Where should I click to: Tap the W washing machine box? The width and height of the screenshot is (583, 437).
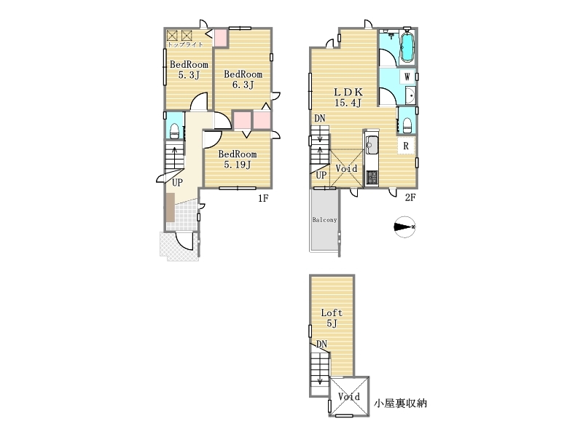407,77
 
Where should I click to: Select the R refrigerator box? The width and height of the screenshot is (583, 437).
406,146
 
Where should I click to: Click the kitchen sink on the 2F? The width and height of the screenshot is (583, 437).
372,146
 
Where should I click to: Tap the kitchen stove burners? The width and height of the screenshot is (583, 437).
372,177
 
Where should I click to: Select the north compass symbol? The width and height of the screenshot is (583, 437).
404,227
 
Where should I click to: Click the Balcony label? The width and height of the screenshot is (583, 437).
324,220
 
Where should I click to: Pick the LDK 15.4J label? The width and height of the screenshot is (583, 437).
348,98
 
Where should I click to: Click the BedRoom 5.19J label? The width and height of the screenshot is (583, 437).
238,159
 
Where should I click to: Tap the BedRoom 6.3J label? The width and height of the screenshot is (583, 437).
243,79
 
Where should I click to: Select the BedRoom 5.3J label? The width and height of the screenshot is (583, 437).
189,70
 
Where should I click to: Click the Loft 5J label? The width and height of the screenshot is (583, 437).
332,318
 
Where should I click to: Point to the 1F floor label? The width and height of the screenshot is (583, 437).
263,198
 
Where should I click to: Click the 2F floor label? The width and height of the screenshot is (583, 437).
410,197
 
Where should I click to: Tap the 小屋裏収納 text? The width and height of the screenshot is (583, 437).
400,403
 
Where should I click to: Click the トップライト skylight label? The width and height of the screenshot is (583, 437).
186,44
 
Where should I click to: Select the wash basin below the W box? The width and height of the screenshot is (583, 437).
410,96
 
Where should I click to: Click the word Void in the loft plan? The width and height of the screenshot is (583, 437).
349,397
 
